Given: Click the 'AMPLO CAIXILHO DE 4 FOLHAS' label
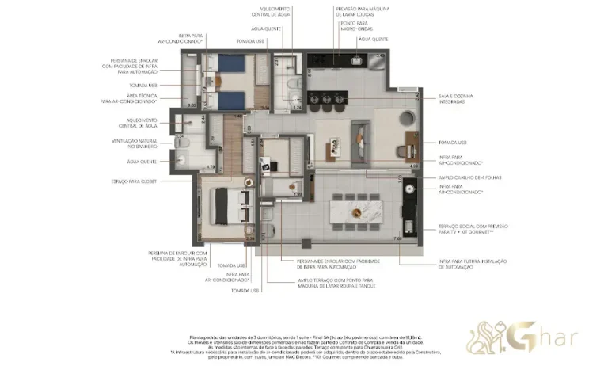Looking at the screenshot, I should click(x=464, y=177).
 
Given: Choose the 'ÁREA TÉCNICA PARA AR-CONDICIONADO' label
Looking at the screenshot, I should click(x=128, y=99).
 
